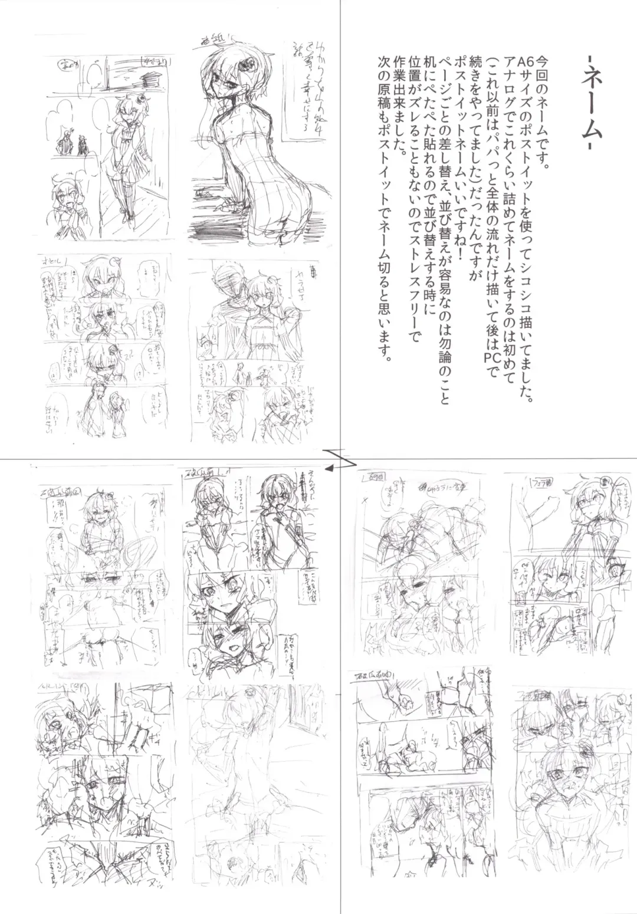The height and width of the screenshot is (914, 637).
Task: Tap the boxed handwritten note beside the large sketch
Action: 309,88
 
